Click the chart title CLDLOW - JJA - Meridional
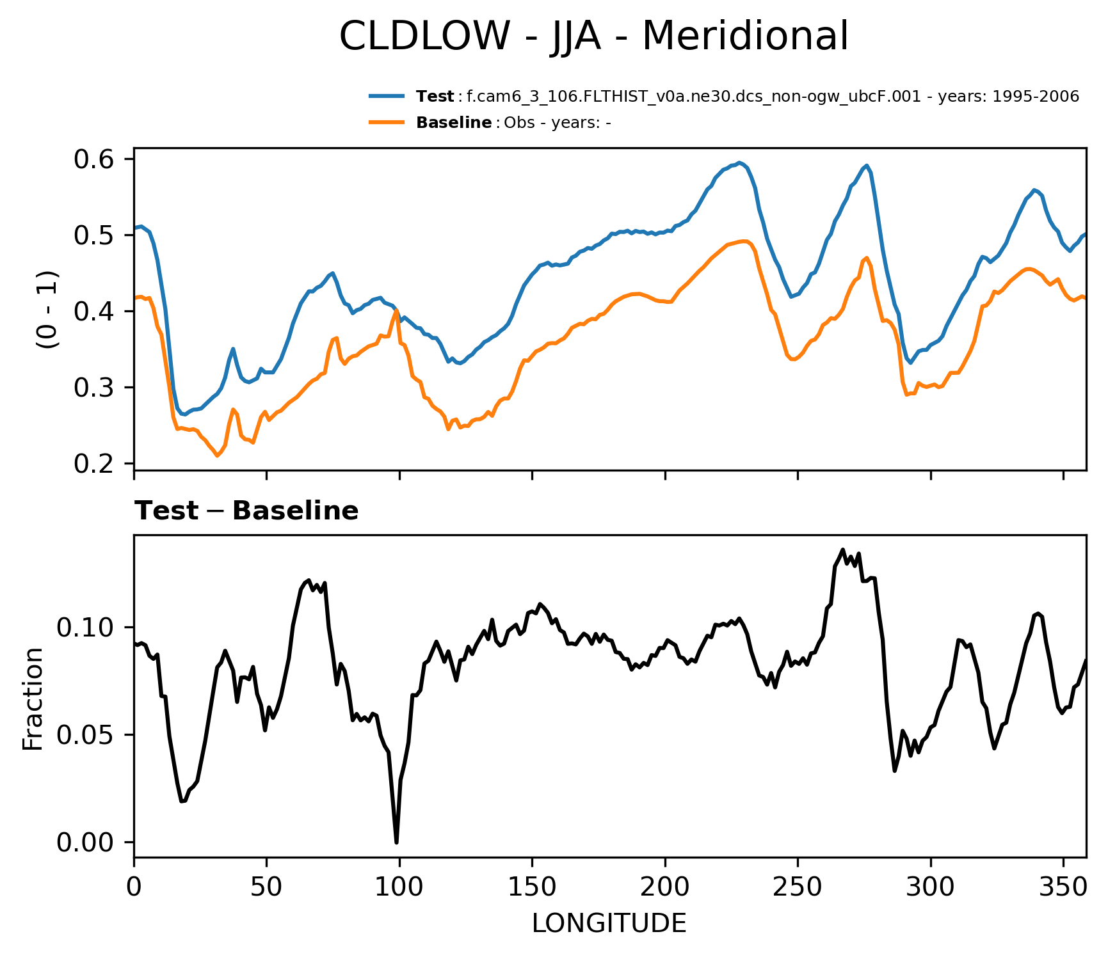coord(593,36)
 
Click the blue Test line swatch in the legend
coord(387,97)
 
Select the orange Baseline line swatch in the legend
coord(387,122)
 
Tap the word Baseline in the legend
coord(454,123)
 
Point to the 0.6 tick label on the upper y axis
coord(94,159)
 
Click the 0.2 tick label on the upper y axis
coord(94,464)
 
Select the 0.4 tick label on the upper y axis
coord(94,312)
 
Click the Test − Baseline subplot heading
coord(246,511)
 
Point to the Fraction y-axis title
coord(33,699)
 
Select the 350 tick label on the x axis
coord(1063,887)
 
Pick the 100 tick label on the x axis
coord(399,887)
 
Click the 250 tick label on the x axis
coord(798,887)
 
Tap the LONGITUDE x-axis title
coord(609,923)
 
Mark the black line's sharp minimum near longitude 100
coord(397,842)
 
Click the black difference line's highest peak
coord(842,550)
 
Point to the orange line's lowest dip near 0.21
coord(217,456)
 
